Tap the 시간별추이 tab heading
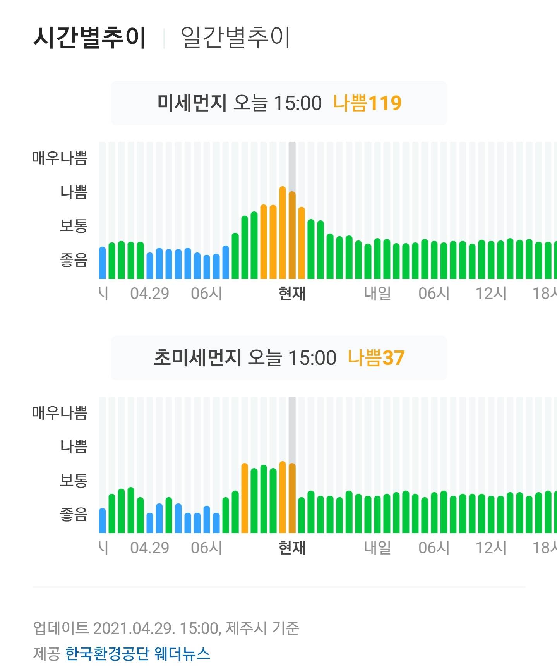click(x=89, y=38)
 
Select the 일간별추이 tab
click(x=235, y=38)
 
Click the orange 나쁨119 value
click(x=367, y=103)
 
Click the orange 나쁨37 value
click(x=376, y=357)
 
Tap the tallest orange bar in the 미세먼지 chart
click(x=283, y=232)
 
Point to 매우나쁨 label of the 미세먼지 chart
click(x=60, y=158)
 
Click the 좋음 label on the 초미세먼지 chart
click(x=74, y=514)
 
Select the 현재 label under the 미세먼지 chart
click(x=292, y=294)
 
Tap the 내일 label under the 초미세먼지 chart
click(x=377, y=548)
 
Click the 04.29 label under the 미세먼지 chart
click(x=150, y=294)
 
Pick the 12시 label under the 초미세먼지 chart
click(x=491, y=548)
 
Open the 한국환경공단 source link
click(x=107, y=654)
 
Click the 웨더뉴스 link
click(x=182, y=654)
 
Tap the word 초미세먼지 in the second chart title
click(x=197, y=357)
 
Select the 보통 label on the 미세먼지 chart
click(x=74, y=226)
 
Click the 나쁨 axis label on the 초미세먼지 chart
click(x=74, y=446)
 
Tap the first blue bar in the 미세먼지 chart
click(x=103, y=263)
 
